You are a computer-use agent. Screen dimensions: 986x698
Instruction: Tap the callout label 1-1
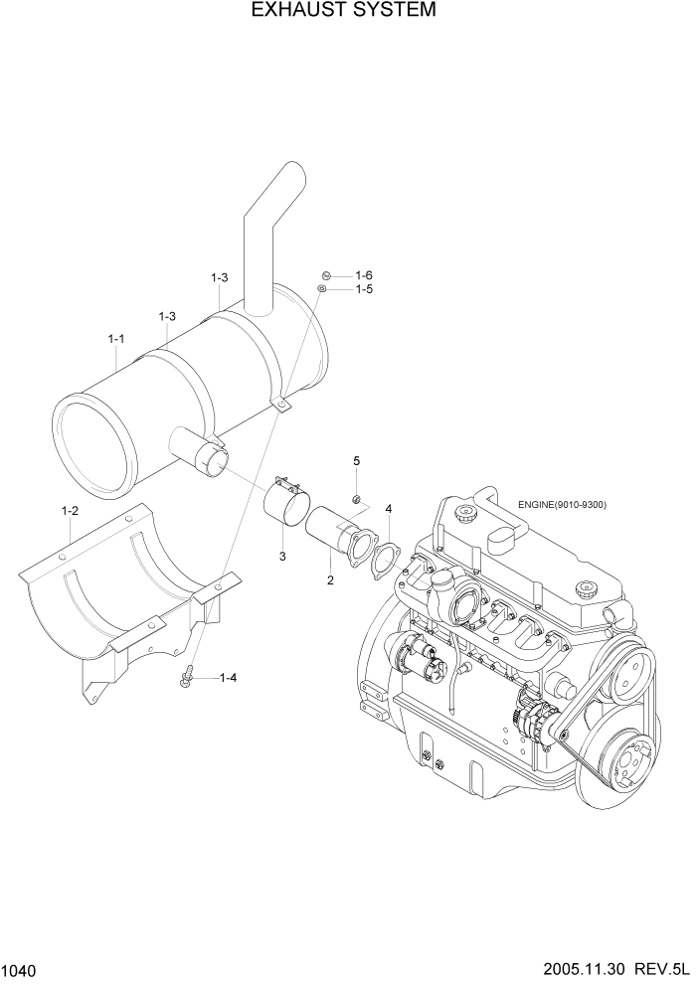pyautogui.click(x=115, y=339)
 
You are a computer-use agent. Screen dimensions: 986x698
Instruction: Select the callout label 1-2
pyautogui.click(x=70, y=510)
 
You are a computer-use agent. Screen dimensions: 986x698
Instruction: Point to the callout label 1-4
pyautogui.click(x=227, y=678)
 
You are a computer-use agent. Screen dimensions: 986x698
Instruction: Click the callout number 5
pyautogui.click(x=356, y=460)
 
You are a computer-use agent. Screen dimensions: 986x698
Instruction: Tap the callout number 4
pyautogui.click(x=389, y=509)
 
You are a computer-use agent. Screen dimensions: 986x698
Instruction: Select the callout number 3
pyautogui.click(x=282, y=556)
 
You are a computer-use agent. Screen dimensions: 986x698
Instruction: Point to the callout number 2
pyautogui.click(x=329, y=579)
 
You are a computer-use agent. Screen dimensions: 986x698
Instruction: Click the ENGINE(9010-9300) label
pyautogui.click(x=562, y=504)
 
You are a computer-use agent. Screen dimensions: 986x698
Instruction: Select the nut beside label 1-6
pyautogui.click(x=325, y=275)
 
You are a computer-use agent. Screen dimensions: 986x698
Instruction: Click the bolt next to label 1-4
pyautogui.click(x=187, y=677)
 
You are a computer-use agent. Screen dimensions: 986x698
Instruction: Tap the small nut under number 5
pyautogui.click(x=355, y=498)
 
